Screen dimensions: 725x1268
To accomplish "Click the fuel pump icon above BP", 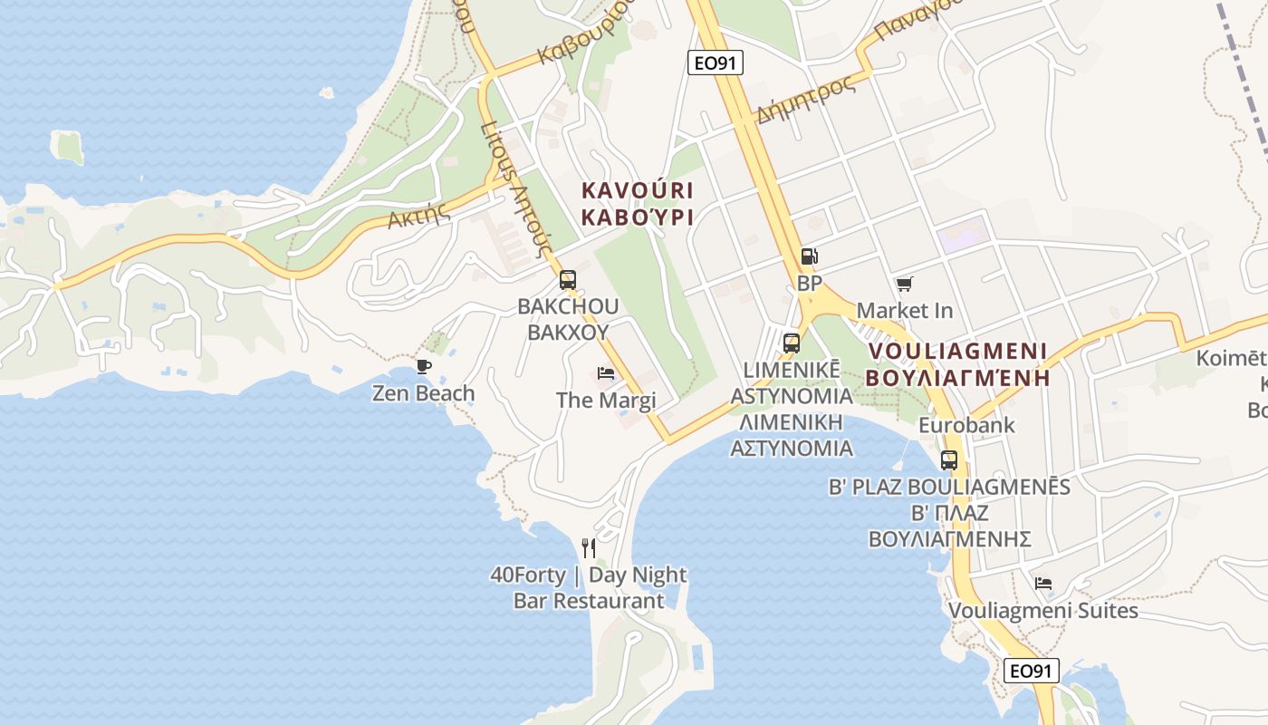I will (x=810, y=257).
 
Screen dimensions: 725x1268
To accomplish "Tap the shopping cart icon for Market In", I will (x=904, y=285).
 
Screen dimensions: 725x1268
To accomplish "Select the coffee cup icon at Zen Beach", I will (x=423, y=366).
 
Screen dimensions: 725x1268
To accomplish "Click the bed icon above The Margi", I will (x=606, y=373).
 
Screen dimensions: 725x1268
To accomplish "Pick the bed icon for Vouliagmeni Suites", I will (x=1043, y=584).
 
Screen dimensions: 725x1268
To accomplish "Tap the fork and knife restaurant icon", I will (x=589, y=547).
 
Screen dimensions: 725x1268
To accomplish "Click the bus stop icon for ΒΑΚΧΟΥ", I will (x=568, y=280).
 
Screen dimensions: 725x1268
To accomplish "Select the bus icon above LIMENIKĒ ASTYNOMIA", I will (x=792, y=343).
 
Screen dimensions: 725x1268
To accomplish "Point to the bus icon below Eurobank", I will (x=949, y=459).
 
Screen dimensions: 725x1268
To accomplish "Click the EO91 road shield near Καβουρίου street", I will (x=716, y=63).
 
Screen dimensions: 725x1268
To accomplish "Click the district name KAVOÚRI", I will (x=637, y=191).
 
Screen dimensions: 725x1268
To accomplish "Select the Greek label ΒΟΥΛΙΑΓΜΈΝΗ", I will (x=957, y=378).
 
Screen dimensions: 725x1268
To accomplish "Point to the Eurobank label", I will (x=966, y=425).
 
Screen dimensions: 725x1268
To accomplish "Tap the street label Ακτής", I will (x=419, y=215).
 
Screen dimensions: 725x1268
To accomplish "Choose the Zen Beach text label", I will (x=423, y=393).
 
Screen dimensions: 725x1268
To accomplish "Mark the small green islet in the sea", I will (x=68, y=148).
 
